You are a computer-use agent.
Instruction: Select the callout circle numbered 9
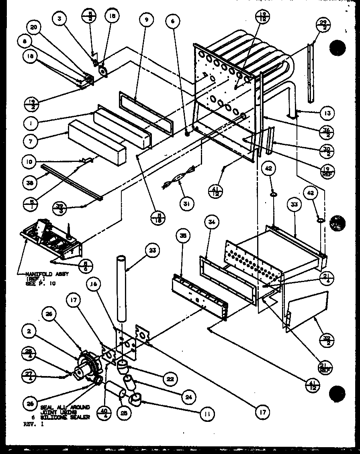tap(146, 18)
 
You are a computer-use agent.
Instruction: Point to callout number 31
tap(186, 204)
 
